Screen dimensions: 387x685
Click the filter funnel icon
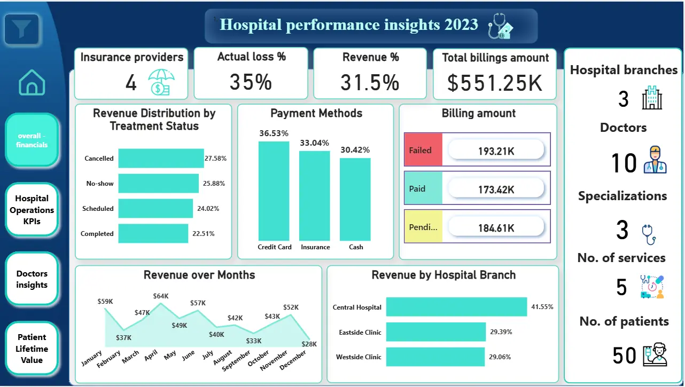(21, 29)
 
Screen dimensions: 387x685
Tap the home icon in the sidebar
(32, 83)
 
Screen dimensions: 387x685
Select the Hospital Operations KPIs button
(32, 210)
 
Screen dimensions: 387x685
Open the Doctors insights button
(32, 279)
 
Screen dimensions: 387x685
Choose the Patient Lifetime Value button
(32, 349)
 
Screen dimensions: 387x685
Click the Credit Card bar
(274, 191)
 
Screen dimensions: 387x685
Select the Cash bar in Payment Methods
(355, 199)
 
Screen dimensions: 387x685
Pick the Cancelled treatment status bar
(161, 159)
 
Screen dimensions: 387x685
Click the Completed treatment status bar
(153, 234)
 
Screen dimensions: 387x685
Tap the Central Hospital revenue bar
(456, 307)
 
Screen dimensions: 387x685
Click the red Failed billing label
(423, 151)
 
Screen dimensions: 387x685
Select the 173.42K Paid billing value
(496, 189)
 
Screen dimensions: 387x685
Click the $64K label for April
(160, 296)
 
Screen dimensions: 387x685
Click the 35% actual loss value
(251, 82)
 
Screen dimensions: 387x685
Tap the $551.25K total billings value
(495, 83)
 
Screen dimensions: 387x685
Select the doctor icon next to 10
(655, 160)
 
